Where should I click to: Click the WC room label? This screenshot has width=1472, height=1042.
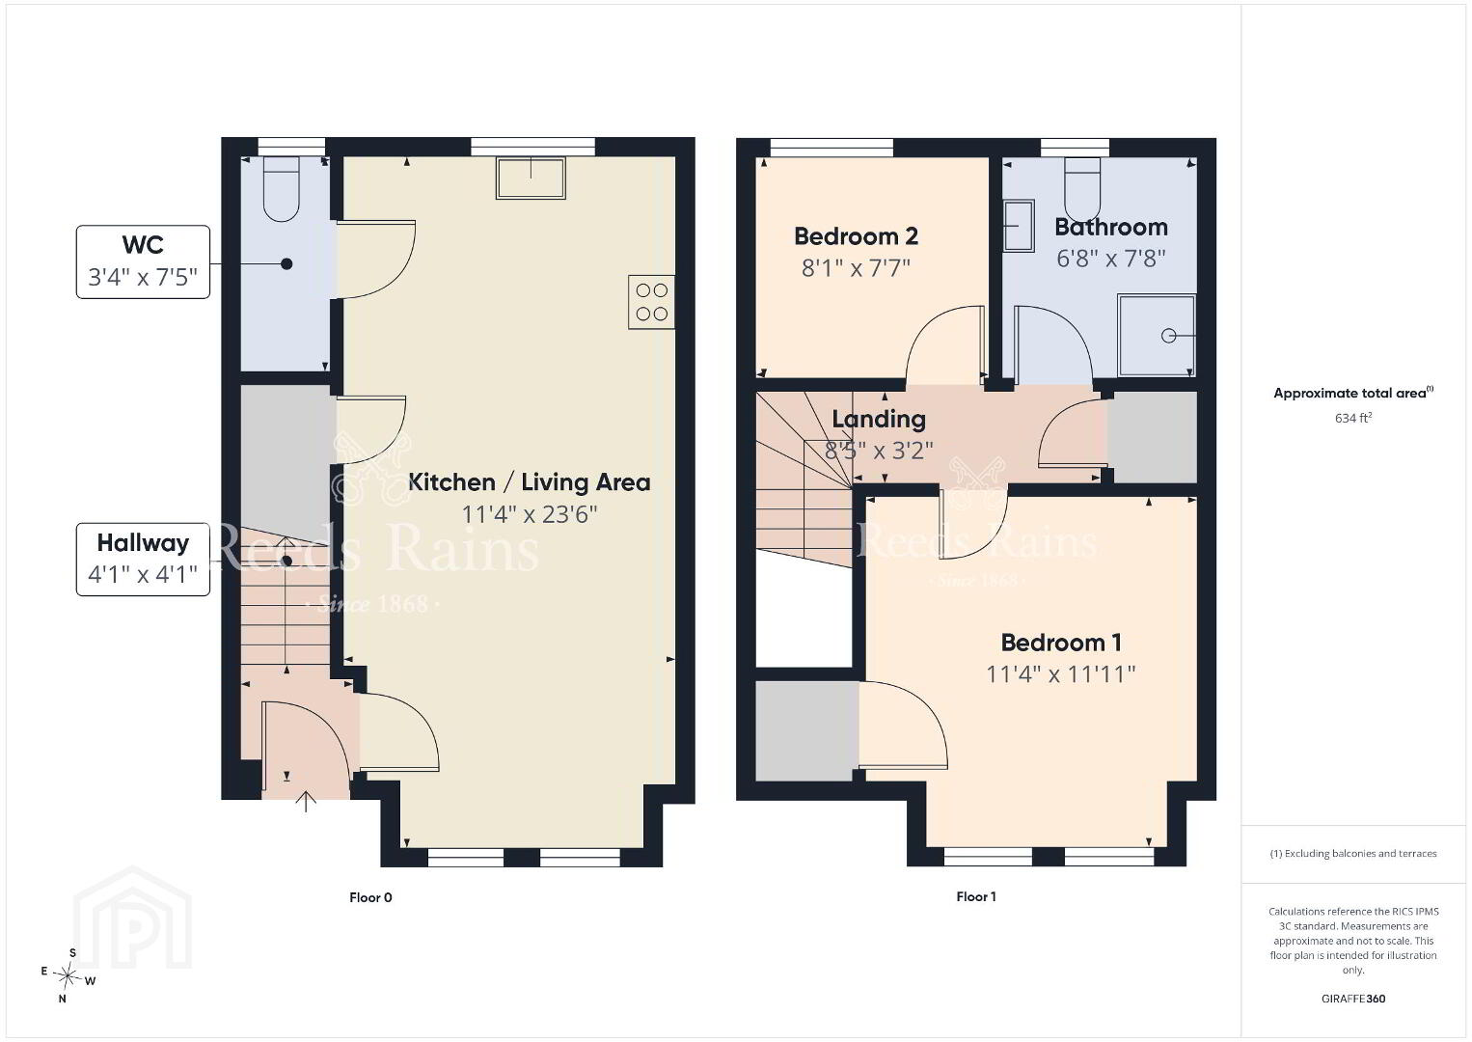point(143,245)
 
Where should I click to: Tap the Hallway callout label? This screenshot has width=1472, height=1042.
point(143,543)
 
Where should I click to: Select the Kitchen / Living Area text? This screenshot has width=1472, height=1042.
point(529,482)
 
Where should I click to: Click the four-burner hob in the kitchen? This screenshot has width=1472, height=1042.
point(651,302)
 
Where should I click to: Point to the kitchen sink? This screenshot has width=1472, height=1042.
point(531,178)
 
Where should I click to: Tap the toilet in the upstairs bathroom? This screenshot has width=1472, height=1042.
point(1082,190)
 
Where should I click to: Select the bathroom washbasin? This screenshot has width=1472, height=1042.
point(1019,226)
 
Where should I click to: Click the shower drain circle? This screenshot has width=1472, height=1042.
point(1168,336)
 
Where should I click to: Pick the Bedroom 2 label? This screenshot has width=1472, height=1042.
point(856,236)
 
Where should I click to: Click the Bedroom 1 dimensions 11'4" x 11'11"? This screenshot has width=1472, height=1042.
point(1061,674)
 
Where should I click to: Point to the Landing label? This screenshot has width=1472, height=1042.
point(879,420)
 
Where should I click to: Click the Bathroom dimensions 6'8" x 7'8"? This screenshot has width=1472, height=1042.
point(1110,259)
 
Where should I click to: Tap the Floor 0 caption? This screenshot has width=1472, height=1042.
point(370,897)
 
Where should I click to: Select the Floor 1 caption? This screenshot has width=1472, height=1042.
point(976,896)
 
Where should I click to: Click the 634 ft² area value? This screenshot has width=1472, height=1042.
point(1353,418)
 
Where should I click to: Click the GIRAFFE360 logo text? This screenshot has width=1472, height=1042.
point(1353,999)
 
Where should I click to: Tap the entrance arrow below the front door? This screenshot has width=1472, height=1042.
point(306,802)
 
